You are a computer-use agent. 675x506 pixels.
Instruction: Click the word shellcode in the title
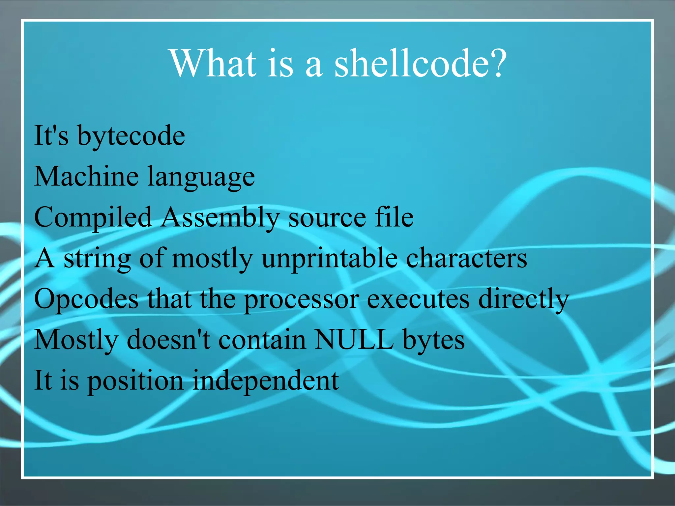[420, 63]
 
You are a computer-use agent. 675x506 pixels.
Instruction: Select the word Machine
[86, 177]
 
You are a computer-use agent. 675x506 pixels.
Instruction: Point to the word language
[201, 178]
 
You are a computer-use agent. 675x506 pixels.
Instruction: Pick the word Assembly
[220, 218]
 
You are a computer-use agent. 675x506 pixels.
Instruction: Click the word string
[97, 259]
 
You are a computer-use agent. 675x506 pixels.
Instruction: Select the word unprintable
[330, 259]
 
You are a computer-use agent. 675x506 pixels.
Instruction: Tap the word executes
[418, 299]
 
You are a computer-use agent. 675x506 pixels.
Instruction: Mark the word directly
[523, 300]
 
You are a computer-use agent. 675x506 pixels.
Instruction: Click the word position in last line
[135, 381]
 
